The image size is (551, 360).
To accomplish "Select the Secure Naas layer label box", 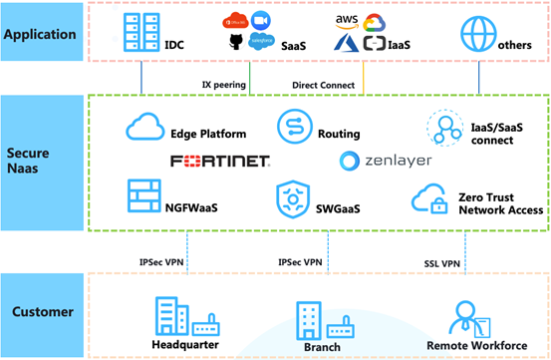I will pos(40,163).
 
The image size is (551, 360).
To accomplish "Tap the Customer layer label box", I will pos(40,311).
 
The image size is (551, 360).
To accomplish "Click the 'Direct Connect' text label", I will pos(323,85).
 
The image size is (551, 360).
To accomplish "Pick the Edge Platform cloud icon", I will pos(145,127).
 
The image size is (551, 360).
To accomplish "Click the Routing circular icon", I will pos(294,127).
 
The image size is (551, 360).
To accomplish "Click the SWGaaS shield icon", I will pos(291,198).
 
